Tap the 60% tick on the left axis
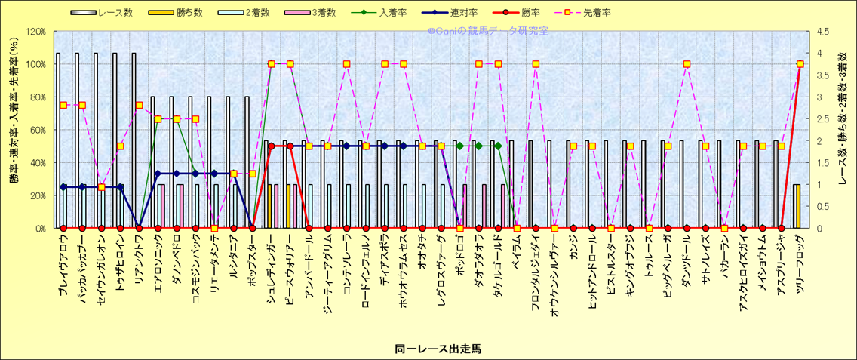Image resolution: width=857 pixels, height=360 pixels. [x=36, y=130]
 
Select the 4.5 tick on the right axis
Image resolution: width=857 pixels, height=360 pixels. [x=819, y=32]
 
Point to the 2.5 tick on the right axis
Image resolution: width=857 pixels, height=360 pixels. [x=819, y=118]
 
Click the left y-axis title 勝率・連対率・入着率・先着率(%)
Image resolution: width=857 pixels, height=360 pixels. [x=14, y=130]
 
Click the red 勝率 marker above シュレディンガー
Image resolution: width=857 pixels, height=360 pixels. [x=271, y=146]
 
